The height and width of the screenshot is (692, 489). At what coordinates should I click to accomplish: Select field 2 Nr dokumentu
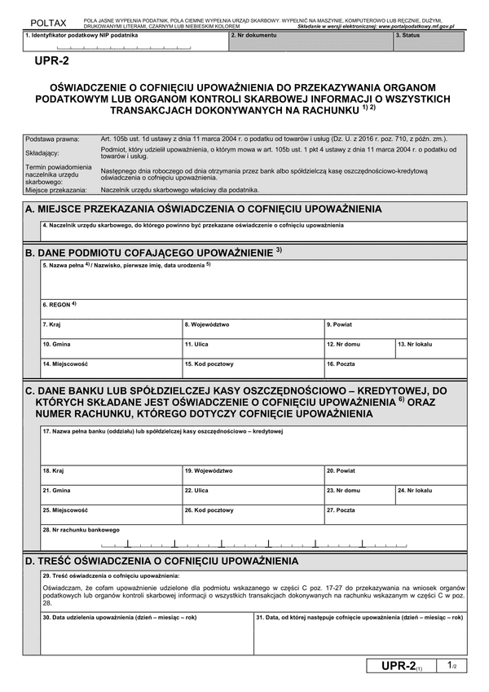coord(310,42)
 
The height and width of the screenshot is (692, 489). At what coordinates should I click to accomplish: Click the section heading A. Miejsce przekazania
coord(204,209)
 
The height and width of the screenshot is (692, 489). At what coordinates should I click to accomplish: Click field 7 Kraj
coord(112,329)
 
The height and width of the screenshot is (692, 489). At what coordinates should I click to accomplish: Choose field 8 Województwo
coord(253,329)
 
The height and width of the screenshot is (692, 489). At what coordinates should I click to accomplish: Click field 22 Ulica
coord(253,496)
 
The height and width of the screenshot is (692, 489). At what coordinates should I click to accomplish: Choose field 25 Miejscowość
coord(112,515)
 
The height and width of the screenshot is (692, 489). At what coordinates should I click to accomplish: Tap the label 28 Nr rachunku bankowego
coord(74,529)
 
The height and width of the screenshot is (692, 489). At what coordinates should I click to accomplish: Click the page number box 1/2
coord(452,666)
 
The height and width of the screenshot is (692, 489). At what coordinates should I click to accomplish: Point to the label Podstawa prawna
coord(46,139)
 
